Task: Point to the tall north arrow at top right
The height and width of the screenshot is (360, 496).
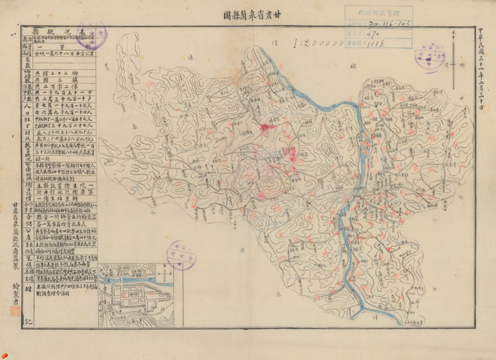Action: tap(461, 62)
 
